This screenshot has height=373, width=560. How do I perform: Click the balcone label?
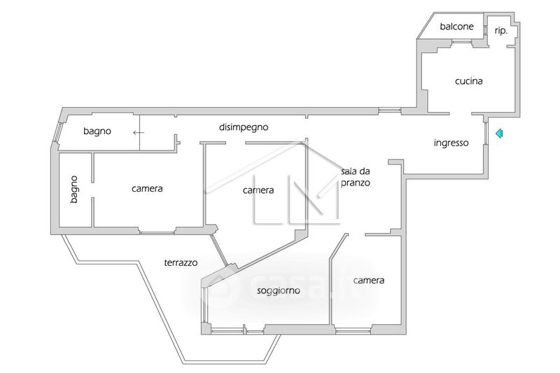(x=456, y=27)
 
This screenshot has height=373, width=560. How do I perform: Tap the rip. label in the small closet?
(x=500, y=30)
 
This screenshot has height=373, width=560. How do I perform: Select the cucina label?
(x=468, y=81)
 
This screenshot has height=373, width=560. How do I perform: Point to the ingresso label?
(x=451, y=143)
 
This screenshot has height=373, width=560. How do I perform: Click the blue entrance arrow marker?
(x=498, y=133)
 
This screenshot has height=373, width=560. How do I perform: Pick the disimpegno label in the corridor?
(x=244, y=127)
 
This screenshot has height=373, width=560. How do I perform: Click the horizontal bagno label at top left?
(x=97, y=131)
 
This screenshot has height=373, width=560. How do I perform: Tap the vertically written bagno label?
(x=74, y=189)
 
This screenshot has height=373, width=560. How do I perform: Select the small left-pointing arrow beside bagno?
(x=139, y=132)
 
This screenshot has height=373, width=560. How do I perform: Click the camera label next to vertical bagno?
(x=147, y=188)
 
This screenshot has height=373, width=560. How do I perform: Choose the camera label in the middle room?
(x=258, y=190)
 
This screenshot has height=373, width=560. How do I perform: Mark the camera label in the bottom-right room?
(x=369, y=281)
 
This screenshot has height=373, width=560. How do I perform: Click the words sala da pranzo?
(x=356, y=176)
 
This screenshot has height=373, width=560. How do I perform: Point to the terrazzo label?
(x=181, y=263)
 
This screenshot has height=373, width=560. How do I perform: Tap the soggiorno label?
(x=279, y=291)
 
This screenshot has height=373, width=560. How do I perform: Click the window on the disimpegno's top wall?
(x=389, y=110)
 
